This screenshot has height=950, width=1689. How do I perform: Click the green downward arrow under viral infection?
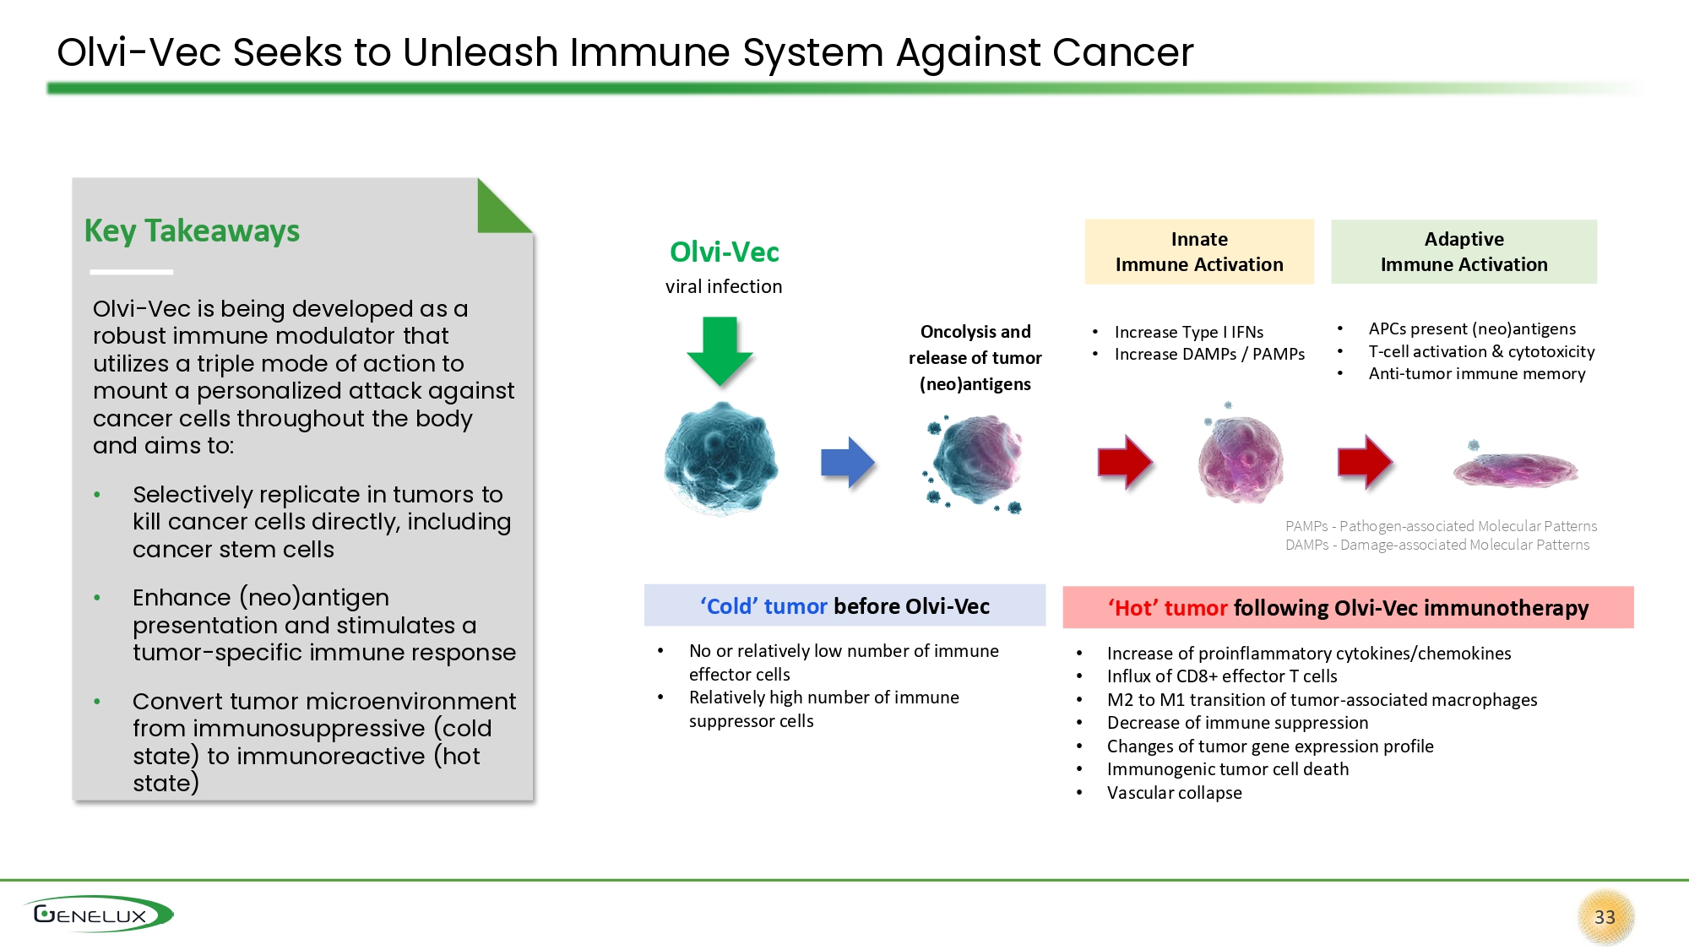[x=720, y=350]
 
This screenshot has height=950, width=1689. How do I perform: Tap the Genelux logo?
[x=98, y=915]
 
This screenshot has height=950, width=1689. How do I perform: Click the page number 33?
[x=1605, y=917]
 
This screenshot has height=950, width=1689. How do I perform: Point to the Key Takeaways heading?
[x=192, y=231]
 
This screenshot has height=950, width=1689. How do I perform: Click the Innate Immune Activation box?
[x=1199, y=252]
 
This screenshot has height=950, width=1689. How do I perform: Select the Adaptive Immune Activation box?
[x=1464, y=252]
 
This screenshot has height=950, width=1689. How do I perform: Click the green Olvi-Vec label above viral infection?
[x=724, y=252]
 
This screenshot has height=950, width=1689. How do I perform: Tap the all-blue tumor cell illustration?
[x=720, y=459]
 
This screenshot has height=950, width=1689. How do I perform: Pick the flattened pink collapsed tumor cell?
[x=1515, y=467]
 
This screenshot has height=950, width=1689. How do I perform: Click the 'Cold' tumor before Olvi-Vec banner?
[x=844, y=605]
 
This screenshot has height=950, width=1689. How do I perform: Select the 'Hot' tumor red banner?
[x=1348, y=607]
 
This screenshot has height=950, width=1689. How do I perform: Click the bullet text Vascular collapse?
[x=1174, y=793]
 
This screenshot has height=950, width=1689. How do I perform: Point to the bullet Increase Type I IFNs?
[x=1188, y=332]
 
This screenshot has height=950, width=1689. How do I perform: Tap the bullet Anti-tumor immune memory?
[x=1476, y=373]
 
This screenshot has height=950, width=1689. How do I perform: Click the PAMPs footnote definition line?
[x=1441, y=526]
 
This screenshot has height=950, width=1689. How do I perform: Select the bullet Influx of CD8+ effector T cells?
[x=1222, y=676]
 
